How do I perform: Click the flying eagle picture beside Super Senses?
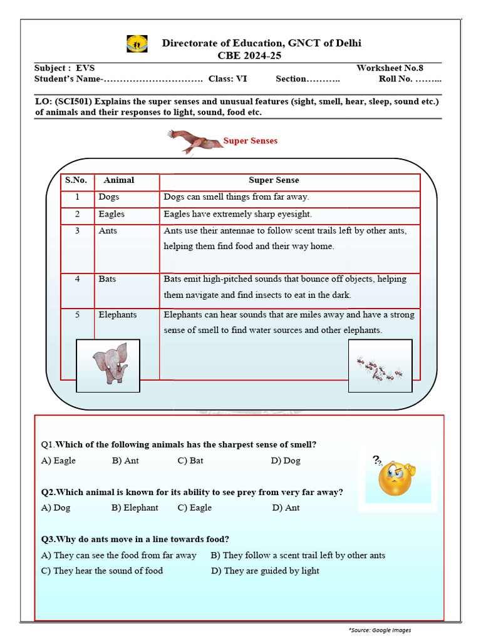click(x=194, y=141)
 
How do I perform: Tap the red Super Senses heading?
click(x=250, y=141)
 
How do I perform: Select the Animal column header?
click(x=119, y=180)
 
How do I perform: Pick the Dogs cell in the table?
click(x=109, y=197)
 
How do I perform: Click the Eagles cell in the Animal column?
click(x=111, y=214)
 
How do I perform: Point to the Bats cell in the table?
click(x=107, y=279)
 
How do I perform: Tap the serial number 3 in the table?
click(x=77, y=231)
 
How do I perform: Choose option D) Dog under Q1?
click(x=286, y=461)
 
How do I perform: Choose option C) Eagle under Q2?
click(x=195, y=508)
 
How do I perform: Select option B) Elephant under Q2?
click(x=135, y=508)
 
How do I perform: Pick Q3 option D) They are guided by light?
click(x=265, y=571)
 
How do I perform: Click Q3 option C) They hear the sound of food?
click(x=102, y=571)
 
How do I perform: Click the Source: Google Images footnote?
click(x=380, y=630)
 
